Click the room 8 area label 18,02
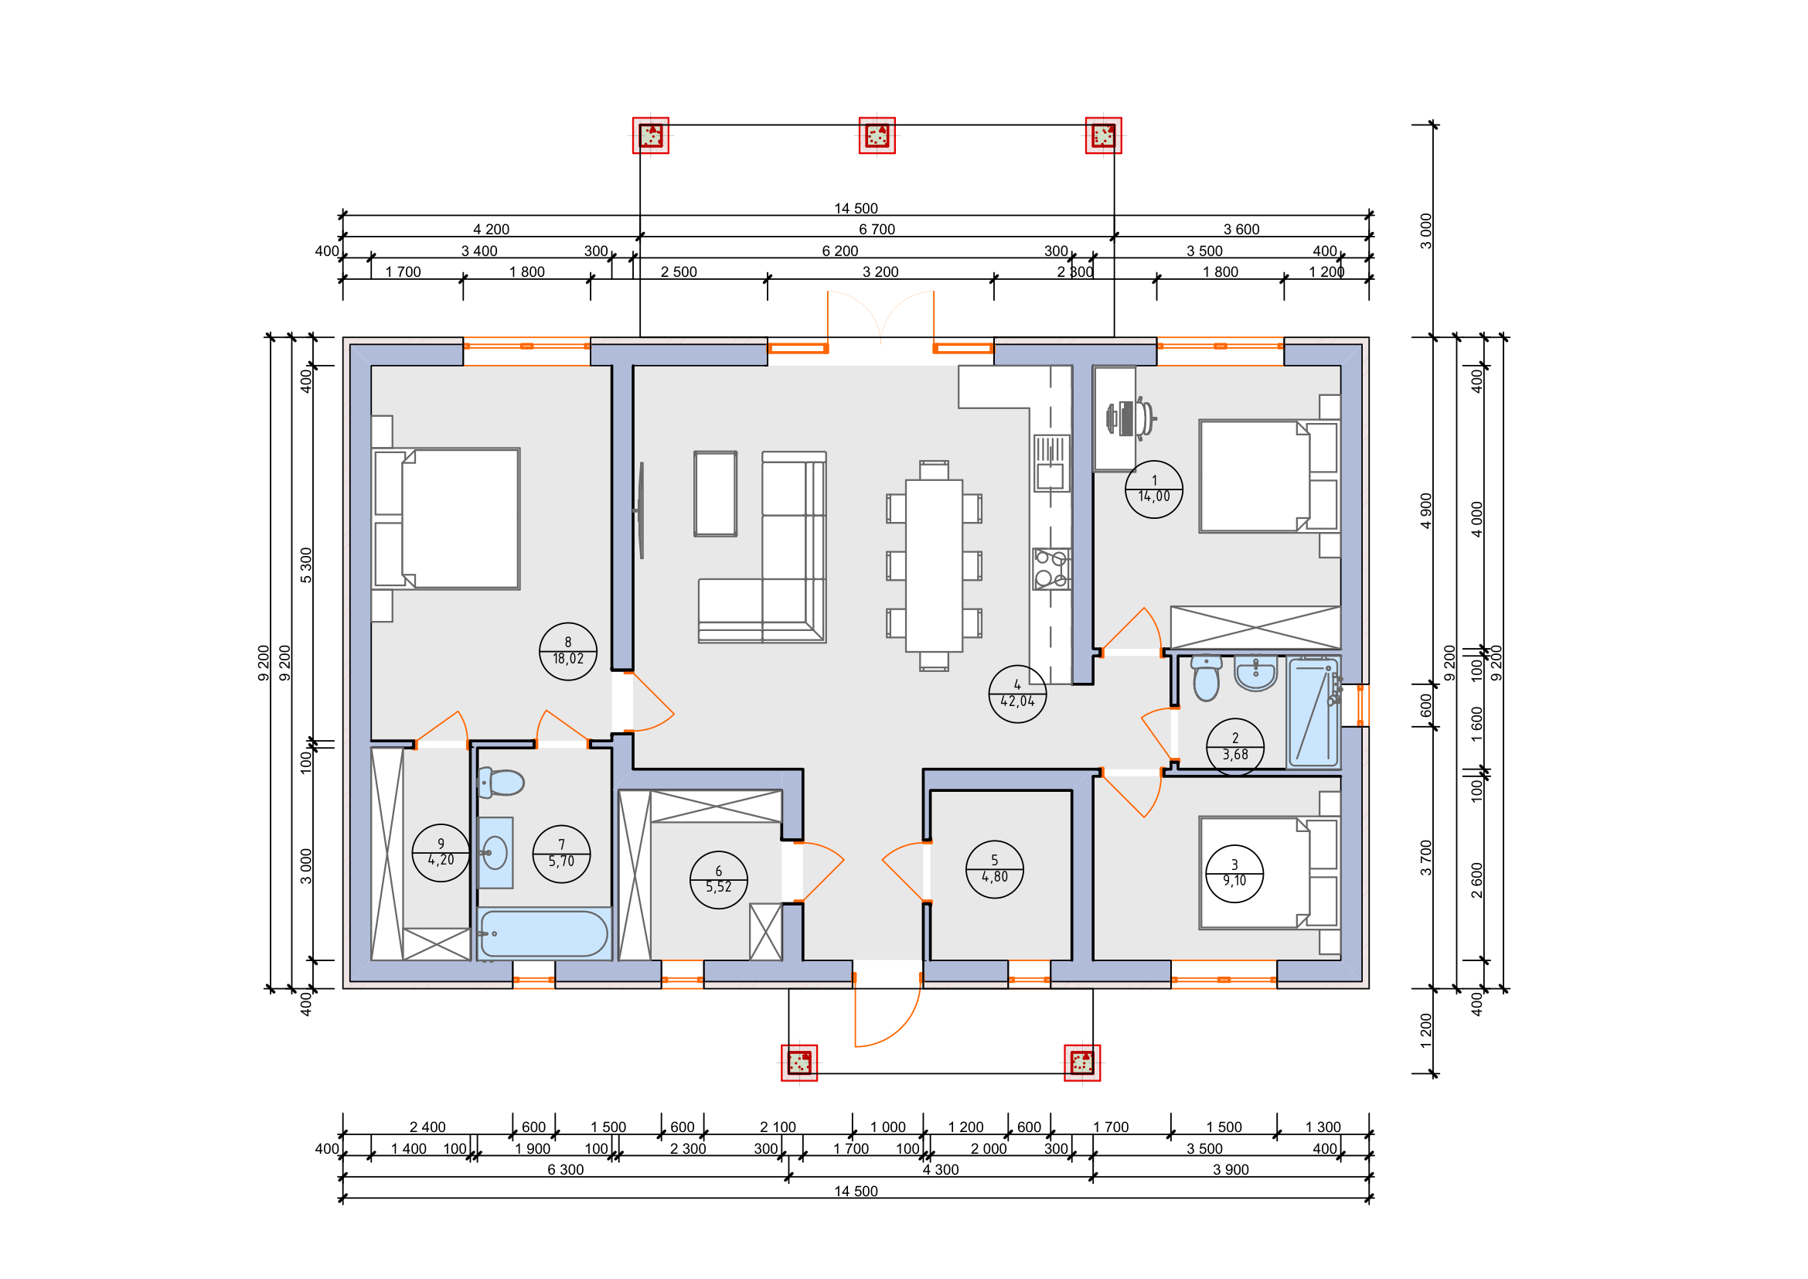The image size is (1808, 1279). [568, 659]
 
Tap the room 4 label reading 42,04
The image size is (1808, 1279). [1017, 701]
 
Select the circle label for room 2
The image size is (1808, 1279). [1234, 748]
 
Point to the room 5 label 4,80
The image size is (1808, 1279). [995, 877]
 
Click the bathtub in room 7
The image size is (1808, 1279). [543, 934]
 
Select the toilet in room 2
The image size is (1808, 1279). [1207, 678]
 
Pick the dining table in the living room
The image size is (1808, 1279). [934, 565]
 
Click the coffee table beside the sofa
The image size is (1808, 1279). [715, 494]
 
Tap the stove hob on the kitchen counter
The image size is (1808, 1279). [1052, 568]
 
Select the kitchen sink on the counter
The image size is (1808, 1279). [1052, 463]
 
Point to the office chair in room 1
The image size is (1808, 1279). [1132, 418]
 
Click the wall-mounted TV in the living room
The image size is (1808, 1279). [641, 510]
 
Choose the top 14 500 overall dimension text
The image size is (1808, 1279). [856, 209]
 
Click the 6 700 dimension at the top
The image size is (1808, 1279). [877, 230]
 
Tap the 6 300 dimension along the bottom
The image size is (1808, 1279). [565, 1169]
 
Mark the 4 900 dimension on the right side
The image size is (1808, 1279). [1426, 510]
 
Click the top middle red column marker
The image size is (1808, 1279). [877, 135]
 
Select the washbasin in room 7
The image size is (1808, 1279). [495, 852]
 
